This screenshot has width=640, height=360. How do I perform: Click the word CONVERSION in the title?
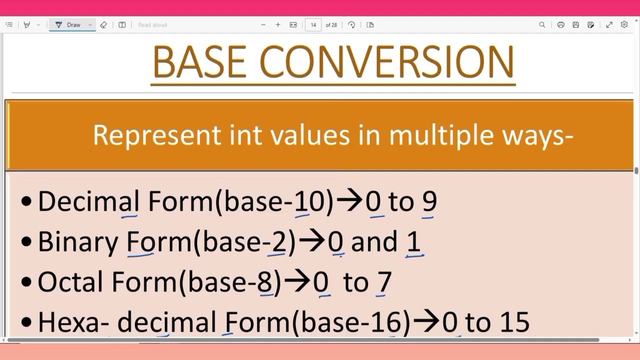[x=386, y=62]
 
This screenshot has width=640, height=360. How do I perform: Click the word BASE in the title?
[x=198, y=62]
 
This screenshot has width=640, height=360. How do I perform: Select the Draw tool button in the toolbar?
[x=69, y=24]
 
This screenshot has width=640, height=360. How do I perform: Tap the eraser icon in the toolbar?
[x=103, y=24]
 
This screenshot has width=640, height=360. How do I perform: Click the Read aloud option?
[x=152, y=24]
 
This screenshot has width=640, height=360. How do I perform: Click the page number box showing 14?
[x=313, y=24]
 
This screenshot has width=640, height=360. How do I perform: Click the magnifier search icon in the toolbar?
[x=542, y=24]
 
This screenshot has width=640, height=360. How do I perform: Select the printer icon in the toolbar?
[x=560, y=24]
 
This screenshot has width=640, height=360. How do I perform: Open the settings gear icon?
[x=624, y=24]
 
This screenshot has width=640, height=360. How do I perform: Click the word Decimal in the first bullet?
[x=88, y=201]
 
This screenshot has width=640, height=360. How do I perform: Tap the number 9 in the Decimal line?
[x=429, y=201]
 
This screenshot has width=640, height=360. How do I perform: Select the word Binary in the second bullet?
[x=78, y=241]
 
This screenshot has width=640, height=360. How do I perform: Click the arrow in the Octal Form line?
[x=297, y=282]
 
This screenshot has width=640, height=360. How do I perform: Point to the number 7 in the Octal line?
[x=384, y=282]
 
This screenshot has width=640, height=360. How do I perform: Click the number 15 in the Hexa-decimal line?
[x=513, y=322]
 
